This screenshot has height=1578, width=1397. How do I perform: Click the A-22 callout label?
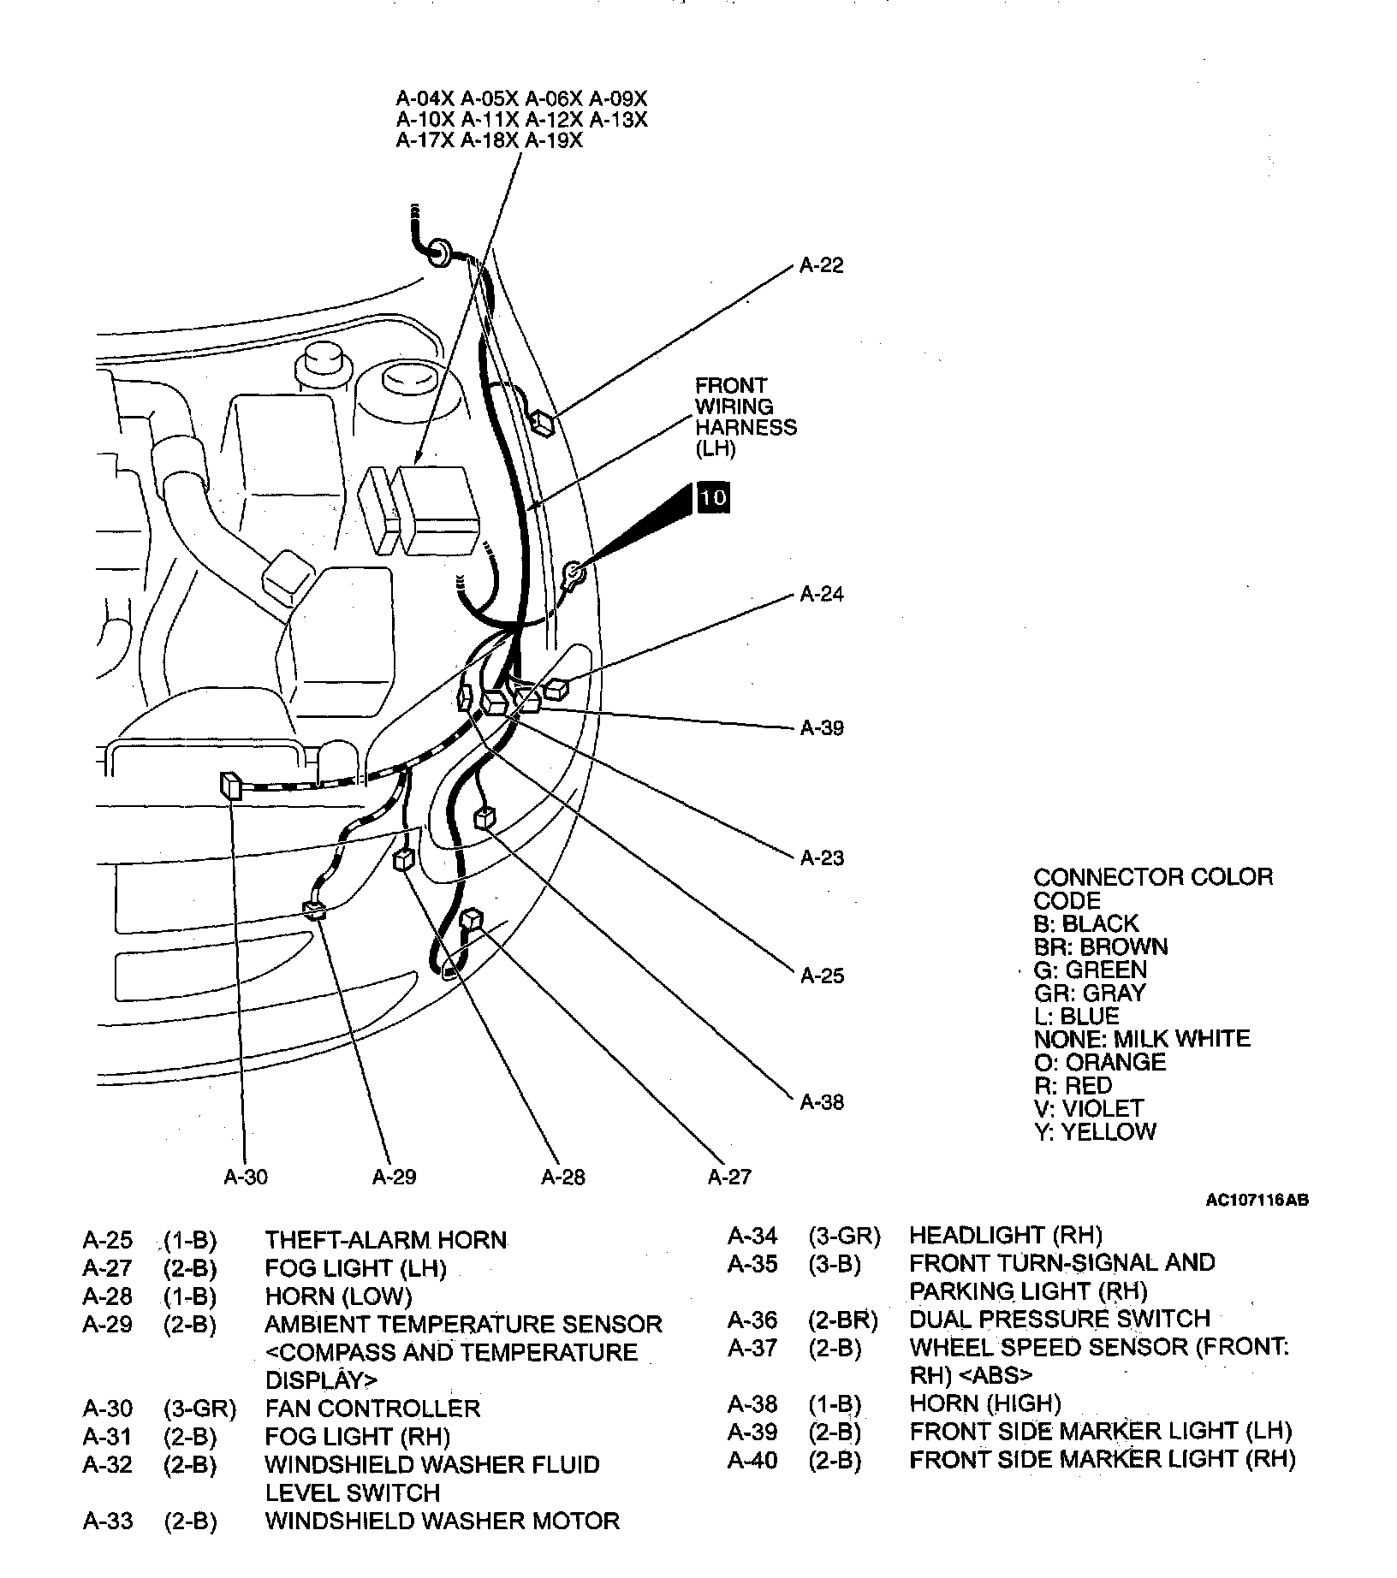point(821,266)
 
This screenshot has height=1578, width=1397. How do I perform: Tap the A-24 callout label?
point(821,595)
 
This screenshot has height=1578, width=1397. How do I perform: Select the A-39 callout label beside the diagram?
point(821,728)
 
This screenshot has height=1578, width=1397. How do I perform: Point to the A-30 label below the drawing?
point(246,1178)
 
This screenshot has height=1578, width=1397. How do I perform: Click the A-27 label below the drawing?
point(729,1178)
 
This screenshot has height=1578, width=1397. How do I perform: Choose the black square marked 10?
point(713,497)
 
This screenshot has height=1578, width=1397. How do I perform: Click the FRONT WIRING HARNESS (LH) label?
point(744,417)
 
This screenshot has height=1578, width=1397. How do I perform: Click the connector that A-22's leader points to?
point(544,423)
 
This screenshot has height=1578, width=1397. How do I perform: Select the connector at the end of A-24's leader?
point(556,689)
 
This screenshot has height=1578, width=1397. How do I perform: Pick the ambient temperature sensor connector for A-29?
point(313,910)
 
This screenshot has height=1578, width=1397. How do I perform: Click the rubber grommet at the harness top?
point(440,251)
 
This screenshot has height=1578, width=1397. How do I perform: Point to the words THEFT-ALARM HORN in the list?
point(385,1240)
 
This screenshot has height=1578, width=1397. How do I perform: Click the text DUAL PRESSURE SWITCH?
point(1059,1319)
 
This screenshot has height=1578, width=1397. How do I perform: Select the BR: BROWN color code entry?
point(1100,947)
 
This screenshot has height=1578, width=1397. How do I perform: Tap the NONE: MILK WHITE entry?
point(1141,1040)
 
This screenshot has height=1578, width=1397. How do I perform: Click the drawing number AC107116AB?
point(1257,1201)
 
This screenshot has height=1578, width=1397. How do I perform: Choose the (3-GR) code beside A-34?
point(844,1236)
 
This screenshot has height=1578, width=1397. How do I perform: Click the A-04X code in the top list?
point(425,98)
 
